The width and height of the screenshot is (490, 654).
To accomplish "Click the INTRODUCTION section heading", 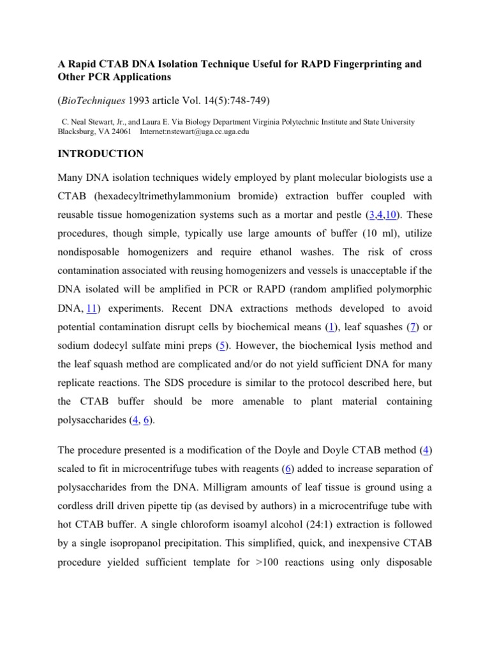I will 101,154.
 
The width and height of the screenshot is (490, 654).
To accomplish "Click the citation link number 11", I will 91,308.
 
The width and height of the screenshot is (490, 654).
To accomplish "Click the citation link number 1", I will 330,328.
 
